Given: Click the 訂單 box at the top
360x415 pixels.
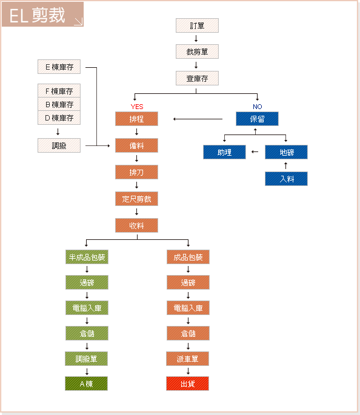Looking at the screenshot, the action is coord(197,25).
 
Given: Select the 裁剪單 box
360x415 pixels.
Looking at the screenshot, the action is coord(197,51).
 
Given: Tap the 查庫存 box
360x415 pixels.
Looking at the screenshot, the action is coord(197,78).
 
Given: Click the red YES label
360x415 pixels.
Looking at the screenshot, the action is coord(137,107).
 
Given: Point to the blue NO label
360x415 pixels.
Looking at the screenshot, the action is coord(258,107).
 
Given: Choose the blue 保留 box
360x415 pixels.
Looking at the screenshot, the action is coord(257,119).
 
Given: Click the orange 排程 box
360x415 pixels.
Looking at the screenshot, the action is coord(136,119).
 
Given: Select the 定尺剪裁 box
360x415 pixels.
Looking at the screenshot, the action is coord(136,199).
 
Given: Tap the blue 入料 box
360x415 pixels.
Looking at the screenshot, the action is coord(287,179).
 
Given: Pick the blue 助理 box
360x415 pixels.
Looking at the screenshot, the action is coord(224,152).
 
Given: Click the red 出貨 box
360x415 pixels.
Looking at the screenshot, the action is coord(187,383).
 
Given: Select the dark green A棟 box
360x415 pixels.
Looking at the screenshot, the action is coord(86,383).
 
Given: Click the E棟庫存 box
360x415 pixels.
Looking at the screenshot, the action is coord(59,67).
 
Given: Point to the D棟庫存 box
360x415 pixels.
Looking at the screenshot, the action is coord(59,118).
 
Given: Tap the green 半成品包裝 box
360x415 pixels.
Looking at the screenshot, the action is coord(87,257).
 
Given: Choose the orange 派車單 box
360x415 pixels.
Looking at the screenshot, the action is coord(187,359).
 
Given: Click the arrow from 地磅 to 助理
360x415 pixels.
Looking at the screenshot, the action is coord(255,151).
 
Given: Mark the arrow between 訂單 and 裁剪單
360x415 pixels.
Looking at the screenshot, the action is coord(196,38).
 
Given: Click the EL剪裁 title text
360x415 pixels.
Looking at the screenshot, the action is coord(37,15).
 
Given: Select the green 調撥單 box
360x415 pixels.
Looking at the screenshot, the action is coord(86,359).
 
